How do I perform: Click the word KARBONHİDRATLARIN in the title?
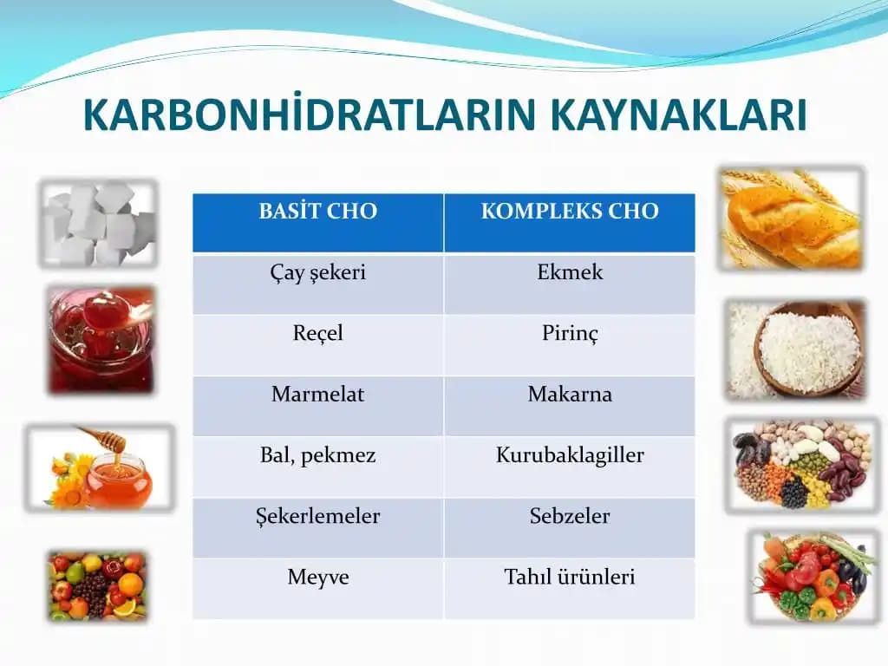coord(310,115)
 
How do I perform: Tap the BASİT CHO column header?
coord(317,212)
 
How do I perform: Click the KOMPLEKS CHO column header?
coord(570,212)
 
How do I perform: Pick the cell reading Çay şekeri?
coord(317,273)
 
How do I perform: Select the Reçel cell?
coord(317,334)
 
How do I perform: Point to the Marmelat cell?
coord(317,395)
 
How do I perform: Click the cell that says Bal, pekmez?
coord(317,456)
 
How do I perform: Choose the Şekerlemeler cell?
coord(317,517)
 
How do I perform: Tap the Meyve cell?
coord(317,578)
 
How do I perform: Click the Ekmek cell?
coord(570,273)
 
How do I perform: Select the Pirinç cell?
coord(570,334)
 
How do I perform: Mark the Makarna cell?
coord(570,395)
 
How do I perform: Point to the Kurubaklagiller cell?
coord(570,456)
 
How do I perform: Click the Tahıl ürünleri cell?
coord(570,578)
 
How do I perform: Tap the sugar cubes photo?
coord(97,223)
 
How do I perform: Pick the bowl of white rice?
coord(809,349)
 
